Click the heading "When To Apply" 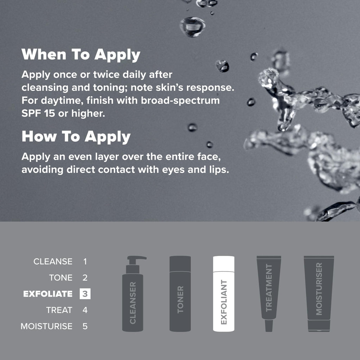click(81, 54)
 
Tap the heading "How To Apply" click(76, 137)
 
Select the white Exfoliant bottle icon click(224, 294)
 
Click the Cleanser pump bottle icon click(133, 294)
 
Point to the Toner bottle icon click(180, 294)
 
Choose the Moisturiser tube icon click(319, 294)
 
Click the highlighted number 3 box click(85, 294)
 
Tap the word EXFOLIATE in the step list click(48, 294)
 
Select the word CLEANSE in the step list click(53, 262)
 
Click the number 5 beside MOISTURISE click(85, 326)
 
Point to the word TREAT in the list click(59, 310)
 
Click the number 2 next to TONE click(85, 278)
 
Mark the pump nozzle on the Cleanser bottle click(137, 258)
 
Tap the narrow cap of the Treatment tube click(269, 326)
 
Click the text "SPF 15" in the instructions click(38, 114)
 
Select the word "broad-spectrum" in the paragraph click(180, 101)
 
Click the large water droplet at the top click(192, 27)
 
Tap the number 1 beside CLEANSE click(85, 262)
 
